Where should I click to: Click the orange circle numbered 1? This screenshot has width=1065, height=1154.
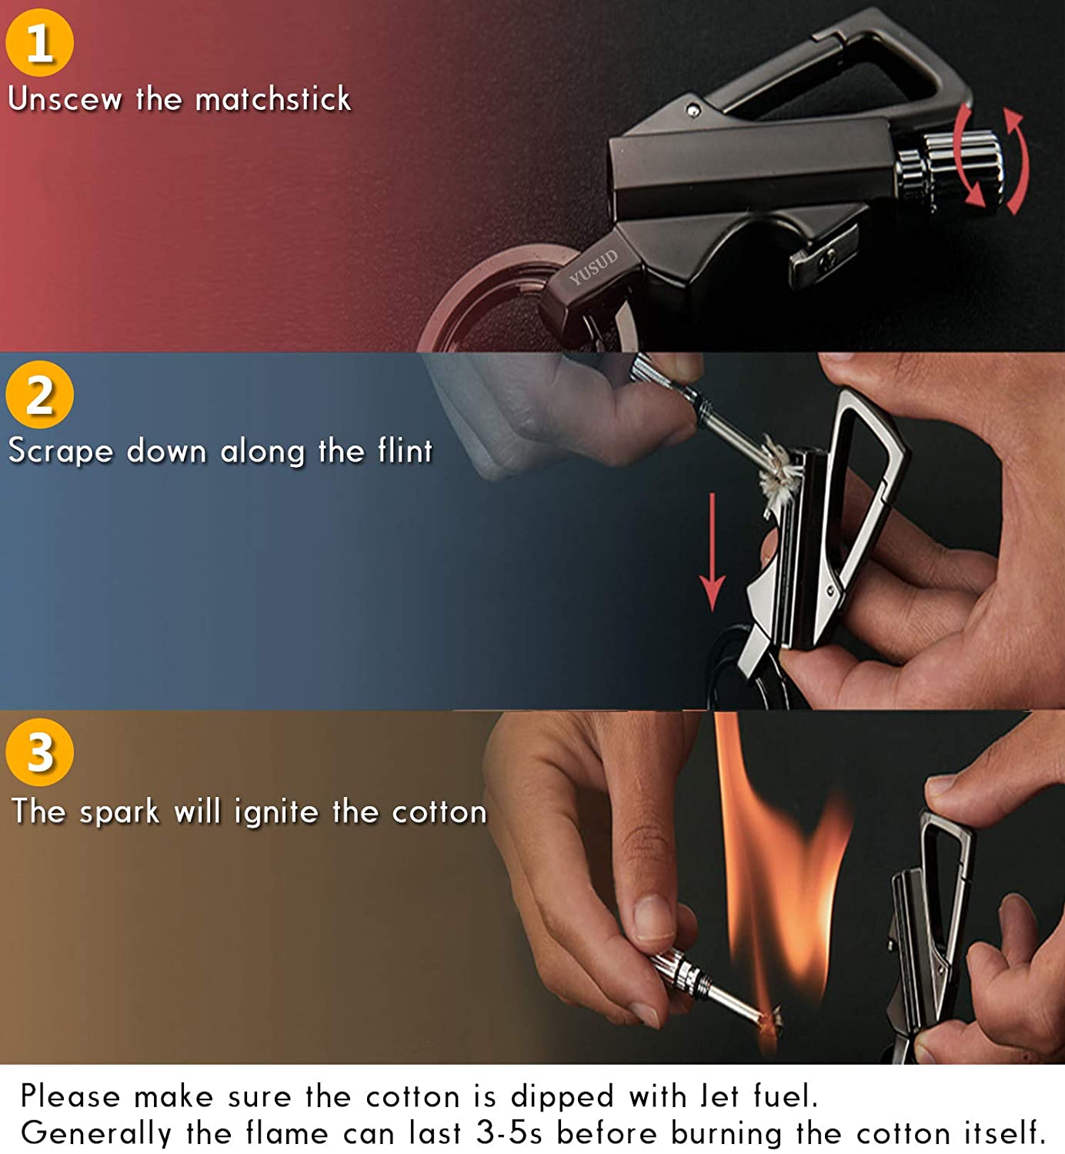(39, 42)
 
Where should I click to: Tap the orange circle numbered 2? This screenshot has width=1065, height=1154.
(39, 395)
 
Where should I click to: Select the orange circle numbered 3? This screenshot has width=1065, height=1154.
(39, 752)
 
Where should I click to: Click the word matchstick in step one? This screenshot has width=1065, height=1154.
(273, 99)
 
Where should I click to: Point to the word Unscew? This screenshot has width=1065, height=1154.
(65, 99)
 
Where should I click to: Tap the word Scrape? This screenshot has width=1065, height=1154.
(60, 452)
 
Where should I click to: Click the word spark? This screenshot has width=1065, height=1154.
(119, 812)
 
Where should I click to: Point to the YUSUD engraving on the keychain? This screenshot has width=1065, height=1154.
(593, 267)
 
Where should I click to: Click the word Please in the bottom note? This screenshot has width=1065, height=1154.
(70, 1096)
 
